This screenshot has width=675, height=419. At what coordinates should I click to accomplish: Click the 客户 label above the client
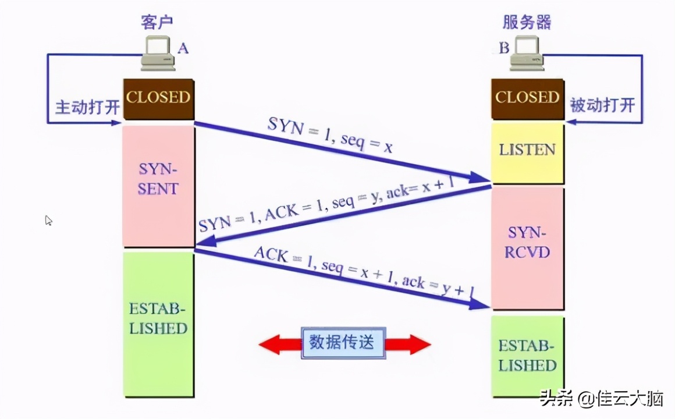point(158,23)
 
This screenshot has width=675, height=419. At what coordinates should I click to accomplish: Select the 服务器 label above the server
point(527,23)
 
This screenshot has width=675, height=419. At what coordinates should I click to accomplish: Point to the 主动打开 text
point(87,108)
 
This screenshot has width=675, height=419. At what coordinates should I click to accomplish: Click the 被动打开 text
point(602,106)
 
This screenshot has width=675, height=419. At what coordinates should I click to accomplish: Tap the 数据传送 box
point(343,343)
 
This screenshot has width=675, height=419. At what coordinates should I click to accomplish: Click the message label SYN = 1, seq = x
point(330,136)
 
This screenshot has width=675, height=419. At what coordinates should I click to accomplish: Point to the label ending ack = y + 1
point(364,272)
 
